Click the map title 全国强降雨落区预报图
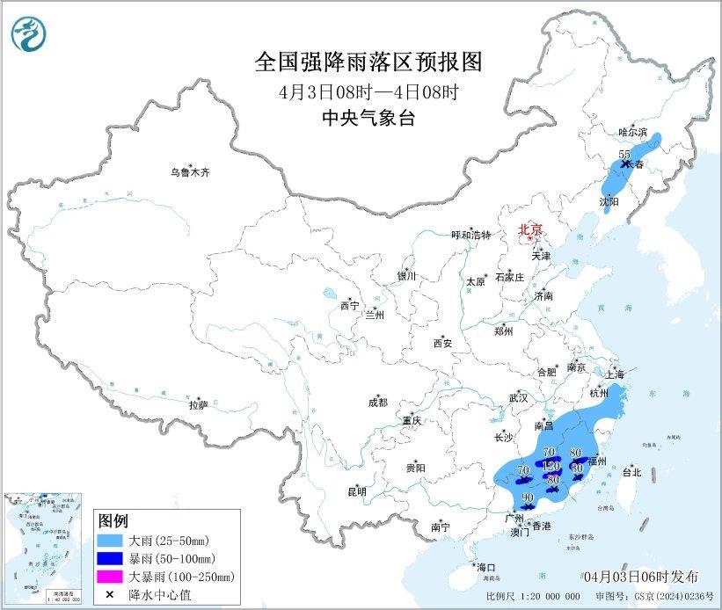click(368, 62)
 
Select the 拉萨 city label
click(197, 404)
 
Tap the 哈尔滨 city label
click(632, 132)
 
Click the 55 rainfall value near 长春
click(625, 155)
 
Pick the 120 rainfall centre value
click(551, 465)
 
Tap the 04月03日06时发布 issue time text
click(641, 576)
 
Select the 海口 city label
click(485, 567)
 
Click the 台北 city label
click(631, 472)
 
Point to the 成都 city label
click(377, 403)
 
